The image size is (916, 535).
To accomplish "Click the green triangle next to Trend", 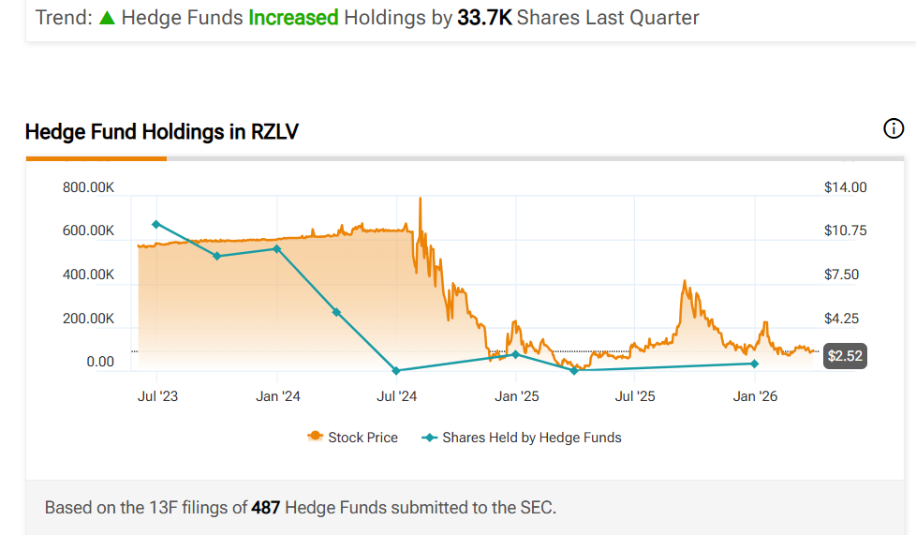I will tap(107, 18).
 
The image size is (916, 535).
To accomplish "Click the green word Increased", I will tap(293, 17).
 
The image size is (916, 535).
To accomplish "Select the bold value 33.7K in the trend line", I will tap(484, 17).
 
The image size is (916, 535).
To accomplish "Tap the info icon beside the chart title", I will tap(894, 129).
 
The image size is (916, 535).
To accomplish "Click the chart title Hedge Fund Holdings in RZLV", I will tap(161, 132).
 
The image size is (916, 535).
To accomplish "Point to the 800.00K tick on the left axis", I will tap(88, 187).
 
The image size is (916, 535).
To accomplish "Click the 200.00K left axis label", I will tap(88, 319).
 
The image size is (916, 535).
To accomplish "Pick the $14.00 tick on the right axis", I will tap(845, 187).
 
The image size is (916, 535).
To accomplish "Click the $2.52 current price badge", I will tap(845, 356).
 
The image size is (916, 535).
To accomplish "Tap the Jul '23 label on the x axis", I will tap(157, 396).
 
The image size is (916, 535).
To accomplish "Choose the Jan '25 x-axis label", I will tap(517, 396).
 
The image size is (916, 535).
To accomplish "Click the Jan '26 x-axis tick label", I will tap(755, 396).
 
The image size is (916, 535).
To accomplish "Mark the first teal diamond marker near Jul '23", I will tap(156, 224).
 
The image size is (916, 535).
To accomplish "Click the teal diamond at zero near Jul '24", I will tap(396, 370).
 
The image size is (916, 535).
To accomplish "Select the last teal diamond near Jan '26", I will tap(754, 364).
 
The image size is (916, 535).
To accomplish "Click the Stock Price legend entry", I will tap(353, 438).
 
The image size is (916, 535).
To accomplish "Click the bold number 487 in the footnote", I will tap(263, 508).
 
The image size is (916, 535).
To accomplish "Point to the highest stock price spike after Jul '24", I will tap(420, 199).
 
